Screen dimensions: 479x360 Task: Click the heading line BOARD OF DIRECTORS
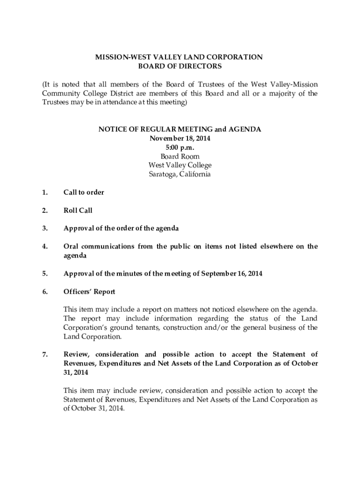click(180, 66)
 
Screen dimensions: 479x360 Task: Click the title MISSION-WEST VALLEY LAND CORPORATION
click(180, 57)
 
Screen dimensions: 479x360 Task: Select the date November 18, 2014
click(180, 139)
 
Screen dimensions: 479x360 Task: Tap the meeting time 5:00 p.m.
click(180, 148)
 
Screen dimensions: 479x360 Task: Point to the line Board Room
click(180, 157)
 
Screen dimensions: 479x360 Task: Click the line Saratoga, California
click(180, 174)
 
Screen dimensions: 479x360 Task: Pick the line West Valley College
click(180, 166)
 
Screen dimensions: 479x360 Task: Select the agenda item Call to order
click(84, 192)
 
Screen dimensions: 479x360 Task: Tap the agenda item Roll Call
click(78, 210)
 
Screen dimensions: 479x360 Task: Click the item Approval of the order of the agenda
click(121, 228)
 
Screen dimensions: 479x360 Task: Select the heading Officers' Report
click(89, 291)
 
